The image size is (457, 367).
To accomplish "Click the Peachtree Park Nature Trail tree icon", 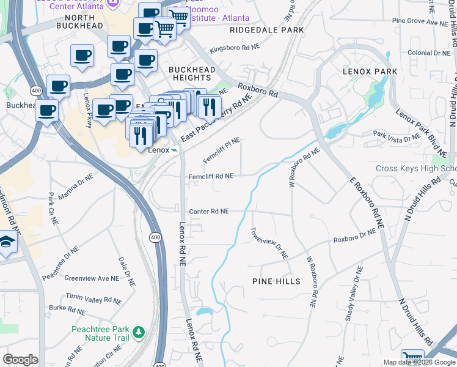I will (139, 332).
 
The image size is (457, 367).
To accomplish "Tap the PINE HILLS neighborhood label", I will (276, 281).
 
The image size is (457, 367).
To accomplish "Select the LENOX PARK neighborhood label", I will (370, 72).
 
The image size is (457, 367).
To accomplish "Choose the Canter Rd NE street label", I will (208, 211).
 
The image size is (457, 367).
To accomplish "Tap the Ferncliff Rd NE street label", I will (211, 176).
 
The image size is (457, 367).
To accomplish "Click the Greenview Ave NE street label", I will (92, 278).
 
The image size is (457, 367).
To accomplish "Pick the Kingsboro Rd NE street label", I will (235, 48).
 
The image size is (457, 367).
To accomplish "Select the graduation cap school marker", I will (7, 242).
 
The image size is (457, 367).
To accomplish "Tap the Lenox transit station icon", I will (175, 150).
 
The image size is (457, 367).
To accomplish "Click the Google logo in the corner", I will (20, 360).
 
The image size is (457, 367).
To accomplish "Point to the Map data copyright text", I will (419, 362).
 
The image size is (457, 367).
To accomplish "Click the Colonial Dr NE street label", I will (428, 53).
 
